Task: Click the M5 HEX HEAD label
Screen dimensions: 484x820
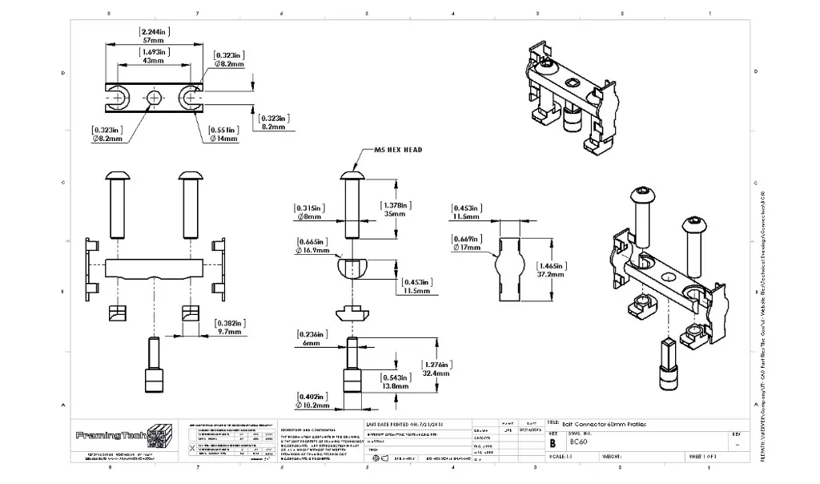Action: pos(397,150)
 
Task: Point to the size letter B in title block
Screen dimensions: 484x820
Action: pos(553,442)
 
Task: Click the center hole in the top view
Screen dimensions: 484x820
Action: pos(155,97)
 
